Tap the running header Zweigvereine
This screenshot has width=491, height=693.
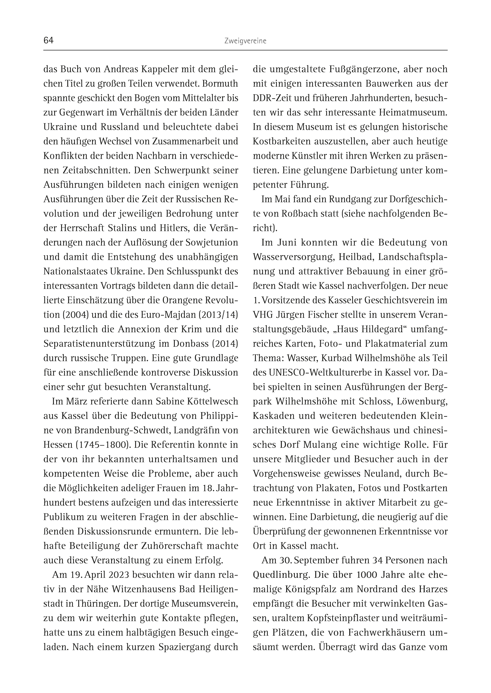coord(245,41)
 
